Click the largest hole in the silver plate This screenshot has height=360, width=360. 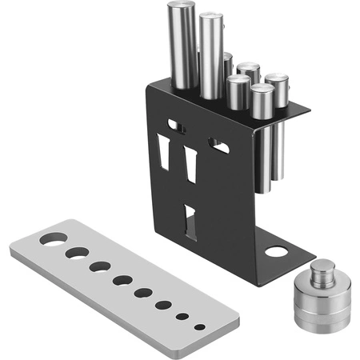pyautogui.click(x=54, y=238)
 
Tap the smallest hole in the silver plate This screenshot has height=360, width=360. pyautogui.click(x=199, y=326)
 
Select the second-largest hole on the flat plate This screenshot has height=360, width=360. pyautogui.click(x=78, y=253)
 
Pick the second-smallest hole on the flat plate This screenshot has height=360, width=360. pyautogui.click(x=184, y=317)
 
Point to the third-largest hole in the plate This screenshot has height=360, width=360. pyautogui.click(x=101, y=266)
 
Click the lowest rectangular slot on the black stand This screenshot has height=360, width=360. pyautogui.click(x=190, y=222)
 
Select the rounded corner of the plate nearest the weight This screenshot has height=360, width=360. pyautogui.click(x=232, y=325)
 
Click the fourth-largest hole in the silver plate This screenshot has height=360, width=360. pyautogui.click(x=122, y=280)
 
